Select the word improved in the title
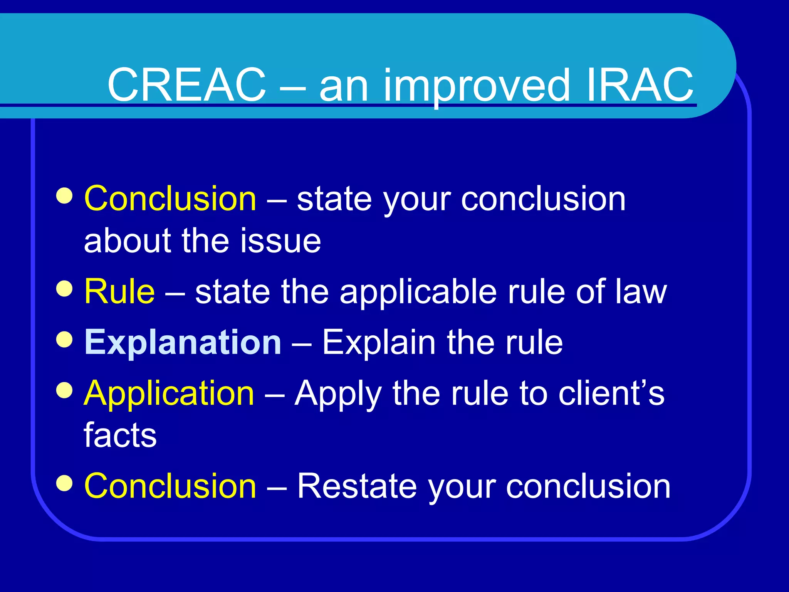click(x=476, y=86)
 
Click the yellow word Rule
click(x=119, y=291)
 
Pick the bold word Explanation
click(x=183, y=343)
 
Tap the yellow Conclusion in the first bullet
click(x=170, y=198)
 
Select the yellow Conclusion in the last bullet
click(x=170, y=486)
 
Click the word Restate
click(x=357, y=486)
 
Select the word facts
click(x=120, y=435)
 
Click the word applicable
click(x=418, y=292)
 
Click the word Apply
click(x=338, y=394)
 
